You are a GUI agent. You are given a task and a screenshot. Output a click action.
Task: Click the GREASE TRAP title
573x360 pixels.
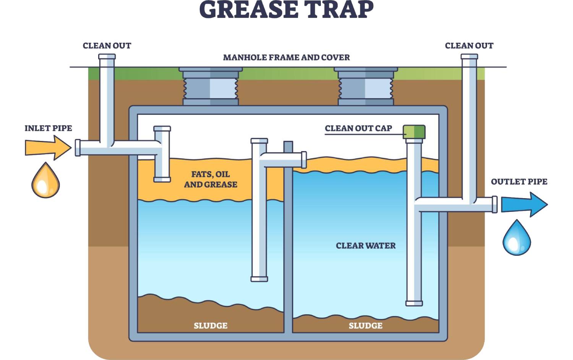(x=286, y=10)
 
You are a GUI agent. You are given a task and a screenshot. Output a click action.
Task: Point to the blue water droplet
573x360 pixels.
(x=516, y=238)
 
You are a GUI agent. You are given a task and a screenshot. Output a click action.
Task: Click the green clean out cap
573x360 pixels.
(x=414, y=132)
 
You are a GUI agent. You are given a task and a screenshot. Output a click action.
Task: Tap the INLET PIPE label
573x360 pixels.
(x=48, y=128)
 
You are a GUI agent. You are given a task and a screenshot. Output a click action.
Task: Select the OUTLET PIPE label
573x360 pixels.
(x=519, y=182)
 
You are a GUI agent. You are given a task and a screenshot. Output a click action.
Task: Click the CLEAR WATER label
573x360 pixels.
(x=366, y=246)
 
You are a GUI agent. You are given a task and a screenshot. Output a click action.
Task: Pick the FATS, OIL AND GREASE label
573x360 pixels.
(x=210, y=179)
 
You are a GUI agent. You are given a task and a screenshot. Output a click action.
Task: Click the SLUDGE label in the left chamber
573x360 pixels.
(x=210, y=326)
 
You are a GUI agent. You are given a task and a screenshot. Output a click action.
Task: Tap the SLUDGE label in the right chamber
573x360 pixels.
(x=365, y=326)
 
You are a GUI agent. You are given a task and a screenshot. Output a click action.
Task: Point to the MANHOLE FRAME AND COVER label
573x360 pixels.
(x=286, y=58)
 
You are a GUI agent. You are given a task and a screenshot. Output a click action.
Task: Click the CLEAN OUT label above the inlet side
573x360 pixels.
(x=107, y=46)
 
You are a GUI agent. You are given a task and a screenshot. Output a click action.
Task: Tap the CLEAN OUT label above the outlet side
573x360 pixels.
(x=469, y=46)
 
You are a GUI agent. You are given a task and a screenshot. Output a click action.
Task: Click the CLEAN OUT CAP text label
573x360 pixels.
(x=358, y=129)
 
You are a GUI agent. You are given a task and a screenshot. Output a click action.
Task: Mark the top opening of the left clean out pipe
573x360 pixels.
(x=107, y=57)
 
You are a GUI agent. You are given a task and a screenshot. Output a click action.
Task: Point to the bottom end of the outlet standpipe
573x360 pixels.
(x=414, y=303)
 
